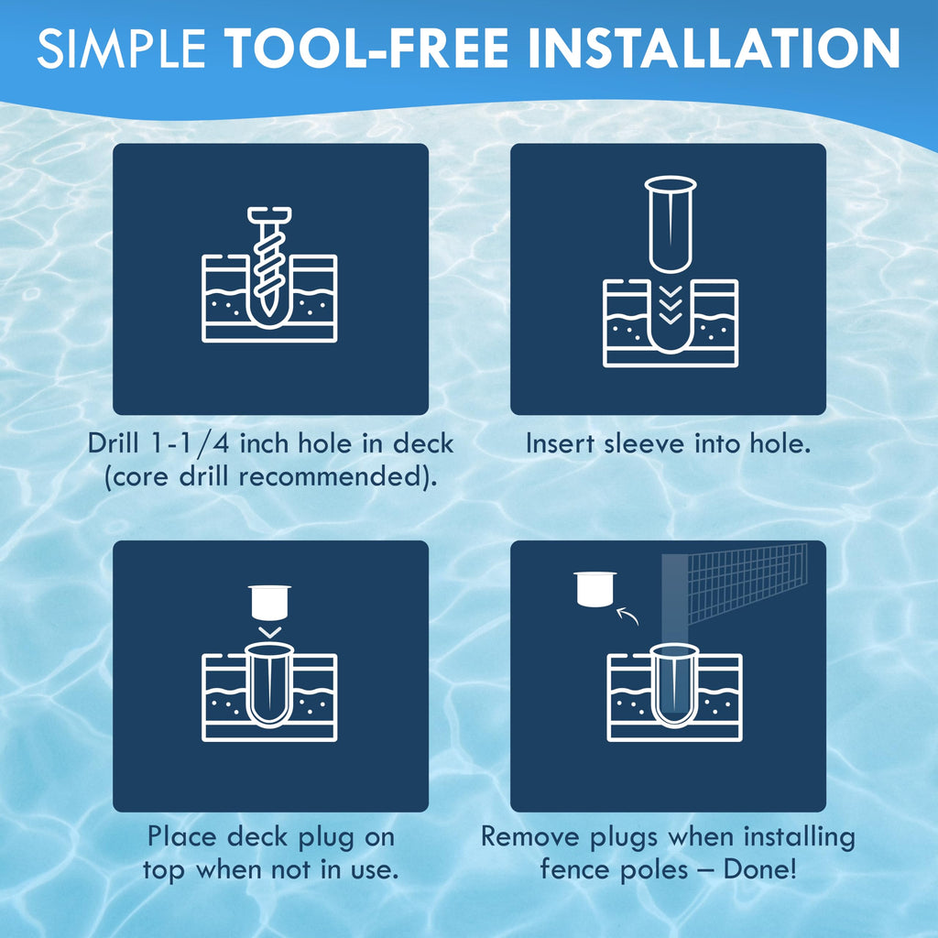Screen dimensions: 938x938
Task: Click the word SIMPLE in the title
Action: point(122,48)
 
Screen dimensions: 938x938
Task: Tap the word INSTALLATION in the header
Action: point(714,48)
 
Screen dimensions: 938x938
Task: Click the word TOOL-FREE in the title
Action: point(366,48)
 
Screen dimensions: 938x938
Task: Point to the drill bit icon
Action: point(268,261)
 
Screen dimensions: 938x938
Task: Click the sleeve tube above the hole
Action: point(670,224)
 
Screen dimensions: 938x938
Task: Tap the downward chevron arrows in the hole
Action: point(670,305)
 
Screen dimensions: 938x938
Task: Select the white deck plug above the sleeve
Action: point(270,602)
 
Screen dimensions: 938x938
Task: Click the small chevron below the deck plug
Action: point(270,632)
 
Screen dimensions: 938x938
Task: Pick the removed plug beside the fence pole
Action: point(594,589)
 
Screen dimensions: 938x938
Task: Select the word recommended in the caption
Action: point(330,476)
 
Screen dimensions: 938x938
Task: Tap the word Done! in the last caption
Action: point(759,869)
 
